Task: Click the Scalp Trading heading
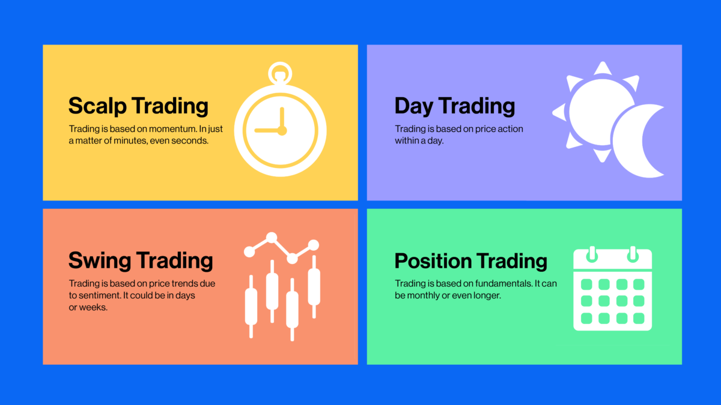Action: coord(138,106)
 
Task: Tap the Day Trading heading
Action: coord(454,106)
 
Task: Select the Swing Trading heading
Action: coord(141,261)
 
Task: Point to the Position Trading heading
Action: coord(470,260)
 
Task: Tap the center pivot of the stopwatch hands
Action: coord(282,131)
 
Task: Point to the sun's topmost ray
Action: coord(603,68)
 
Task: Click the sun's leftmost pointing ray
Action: coord(559,113)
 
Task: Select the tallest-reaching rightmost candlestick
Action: coord(314,287)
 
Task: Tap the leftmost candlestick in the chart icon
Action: coord(251,307)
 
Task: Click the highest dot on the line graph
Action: coord(272,238)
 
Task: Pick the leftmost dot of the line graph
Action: coord(249,251)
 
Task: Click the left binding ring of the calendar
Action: coord(592,254)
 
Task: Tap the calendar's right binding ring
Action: coord(633,254)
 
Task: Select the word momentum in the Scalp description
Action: coord(172,129)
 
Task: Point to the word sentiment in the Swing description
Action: coord(100,295)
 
